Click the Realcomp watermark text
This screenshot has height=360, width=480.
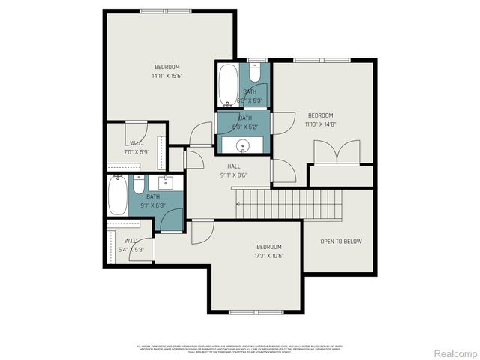(x=456, y=352)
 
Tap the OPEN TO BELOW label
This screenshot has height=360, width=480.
(x=341, y=241)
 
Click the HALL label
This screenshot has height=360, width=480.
(x=234, y=166)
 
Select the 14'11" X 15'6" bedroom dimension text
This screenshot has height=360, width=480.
(x=167, y=76)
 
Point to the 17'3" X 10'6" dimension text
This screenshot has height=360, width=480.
(x=268, y=256)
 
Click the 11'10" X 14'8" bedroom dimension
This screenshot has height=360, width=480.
(x=321, y=125)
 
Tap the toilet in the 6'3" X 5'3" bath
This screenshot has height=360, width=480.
(x=255, y=73)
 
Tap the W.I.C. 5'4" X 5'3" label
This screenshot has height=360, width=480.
(x=128, y=245)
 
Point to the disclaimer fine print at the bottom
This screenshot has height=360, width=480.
(x=240, y=347)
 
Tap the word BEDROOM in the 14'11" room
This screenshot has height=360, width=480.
(x=167, y=67)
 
